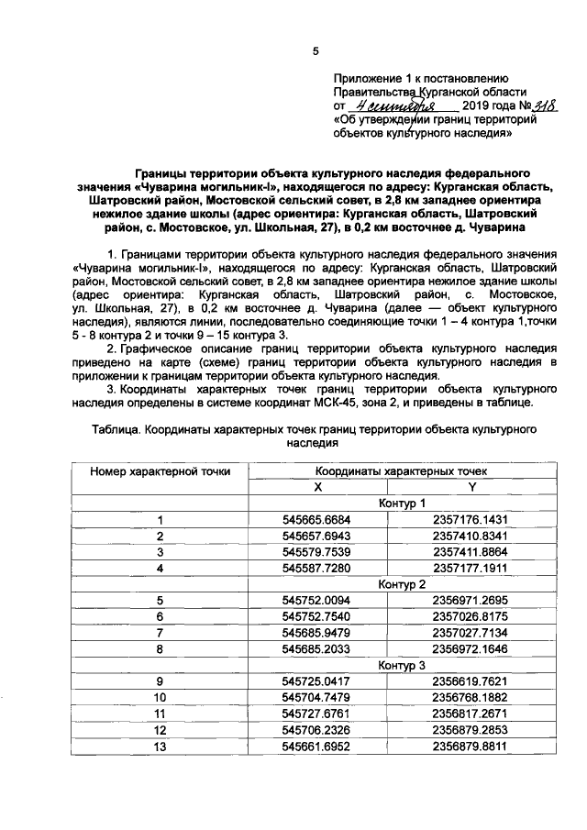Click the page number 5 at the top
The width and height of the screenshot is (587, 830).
click(x=316, y=51)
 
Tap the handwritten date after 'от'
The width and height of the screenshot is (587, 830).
click(x=388, y=106)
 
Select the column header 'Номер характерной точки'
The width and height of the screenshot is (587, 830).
click(x=160, y=470)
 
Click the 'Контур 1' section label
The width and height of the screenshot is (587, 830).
click(x=402, y=503)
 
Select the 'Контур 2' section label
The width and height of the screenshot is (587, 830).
click(x=402, y=583)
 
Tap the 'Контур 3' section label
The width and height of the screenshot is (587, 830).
click(x=402, y=664)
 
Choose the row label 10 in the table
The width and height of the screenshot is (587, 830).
click(x=160, y=696)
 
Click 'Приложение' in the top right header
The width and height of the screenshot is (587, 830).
click(x=370, y=79)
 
